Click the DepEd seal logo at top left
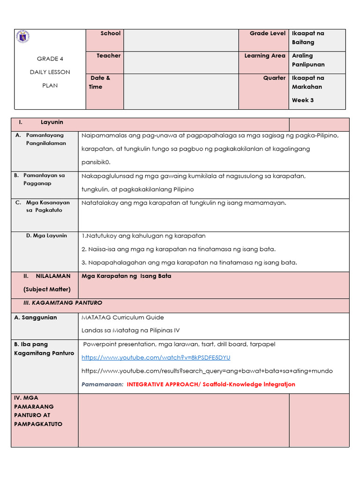coord(22,37)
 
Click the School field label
coord(110,33)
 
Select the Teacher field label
coord(108,55)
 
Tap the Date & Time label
coord(99,82)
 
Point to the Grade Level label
coord(267,33)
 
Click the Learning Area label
coord(264,55)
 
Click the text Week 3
coord(303,100)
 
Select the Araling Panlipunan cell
coord(308,60)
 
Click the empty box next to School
coord(181,40)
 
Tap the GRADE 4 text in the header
coord(50,59)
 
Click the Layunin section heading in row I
coord(52,122)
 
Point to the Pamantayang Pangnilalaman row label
coord(45,139)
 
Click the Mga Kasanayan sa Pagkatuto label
coord(47,206)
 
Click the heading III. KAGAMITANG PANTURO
coord(63,303)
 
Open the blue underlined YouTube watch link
coord(156,357)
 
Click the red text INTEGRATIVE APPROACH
coord(166,384)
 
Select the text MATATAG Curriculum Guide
coord(123,317)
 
